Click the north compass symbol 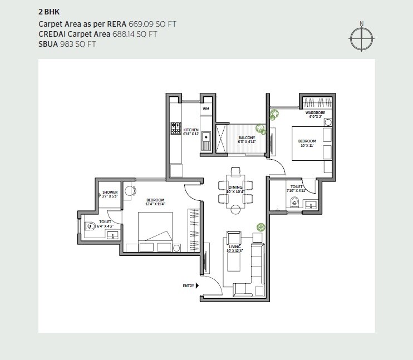pyautogui.click(x=361, y=37)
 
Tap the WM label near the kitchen pyautogui.click(x=206, y=109)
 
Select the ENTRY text pyautogui.click(x=188, y=286)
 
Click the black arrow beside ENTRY pyautogui.click(x=198, y=286)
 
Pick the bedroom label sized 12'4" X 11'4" pyautogui.click(x=155, y=201)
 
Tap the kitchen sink pyautogui.click(x=205, y=135)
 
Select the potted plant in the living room pyautogui.click(x=260, y=227)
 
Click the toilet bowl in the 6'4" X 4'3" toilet pyautogui.click(x=91, y=227)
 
